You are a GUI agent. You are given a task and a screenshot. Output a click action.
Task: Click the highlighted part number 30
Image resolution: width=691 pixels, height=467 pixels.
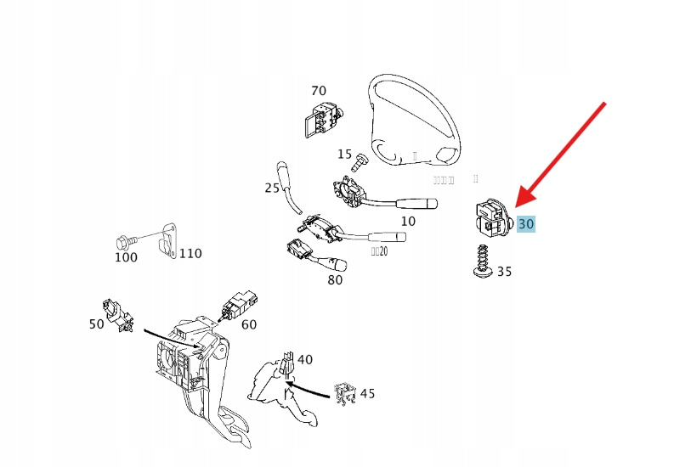526,224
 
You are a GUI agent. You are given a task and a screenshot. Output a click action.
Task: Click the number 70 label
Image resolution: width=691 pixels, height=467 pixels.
319,91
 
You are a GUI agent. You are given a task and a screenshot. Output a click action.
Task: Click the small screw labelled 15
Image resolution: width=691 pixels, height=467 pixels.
360,159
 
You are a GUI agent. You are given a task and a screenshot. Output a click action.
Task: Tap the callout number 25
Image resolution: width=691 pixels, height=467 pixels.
272,188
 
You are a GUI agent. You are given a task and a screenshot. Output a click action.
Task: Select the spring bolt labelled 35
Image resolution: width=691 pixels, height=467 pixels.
481,259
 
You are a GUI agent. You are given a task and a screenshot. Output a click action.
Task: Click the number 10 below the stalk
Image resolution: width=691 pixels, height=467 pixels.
408,222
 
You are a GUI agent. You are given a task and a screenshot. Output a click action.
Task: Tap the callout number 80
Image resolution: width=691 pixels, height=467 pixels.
335,279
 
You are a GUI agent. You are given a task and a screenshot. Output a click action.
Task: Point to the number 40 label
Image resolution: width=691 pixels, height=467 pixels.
304,360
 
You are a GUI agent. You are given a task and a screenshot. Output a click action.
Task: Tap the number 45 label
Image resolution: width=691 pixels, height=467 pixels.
367,394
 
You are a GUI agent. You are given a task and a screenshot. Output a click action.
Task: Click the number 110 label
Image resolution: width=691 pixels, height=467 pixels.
190,253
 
